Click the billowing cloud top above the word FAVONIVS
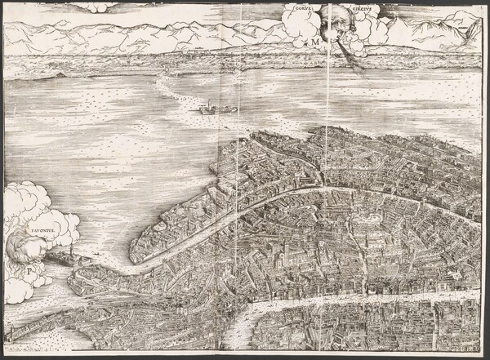click(29, 196)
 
